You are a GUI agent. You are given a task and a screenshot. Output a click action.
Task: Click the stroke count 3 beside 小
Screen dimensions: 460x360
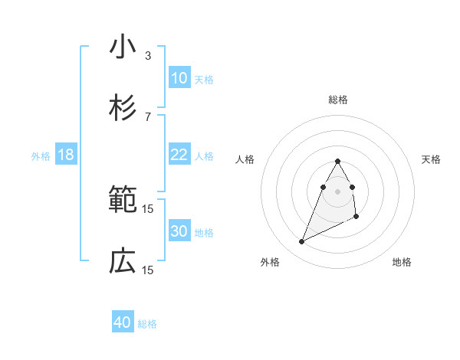pyautogui.click(x=148, y=55)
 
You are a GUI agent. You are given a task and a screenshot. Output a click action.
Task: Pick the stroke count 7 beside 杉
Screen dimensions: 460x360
pyautogui.click(x=148, y=116)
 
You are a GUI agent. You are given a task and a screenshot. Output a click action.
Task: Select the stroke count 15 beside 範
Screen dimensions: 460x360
pyautogui.click(x=148, y=208)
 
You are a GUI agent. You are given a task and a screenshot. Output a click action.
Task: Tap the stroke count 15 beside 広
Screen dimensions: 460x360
pyautogui.click(x=148, y=270)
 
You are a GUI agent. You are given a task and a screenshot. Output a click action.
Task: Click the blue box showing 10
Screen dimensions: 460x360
pyautogui.click(x=179, y=78)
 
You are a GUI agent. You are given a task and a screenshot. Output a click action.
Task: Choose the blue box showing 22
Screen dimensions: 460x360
pyautogui.click(x=179, y=155)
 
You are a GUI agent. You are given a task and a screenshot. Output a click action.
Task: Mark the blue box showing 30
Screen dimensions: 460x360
pyautogui.click(x=179, y=231)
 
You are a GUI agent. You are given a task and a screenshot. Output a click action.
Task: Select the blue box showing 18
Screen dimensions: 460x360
pyautogui.click(x=66, y=155)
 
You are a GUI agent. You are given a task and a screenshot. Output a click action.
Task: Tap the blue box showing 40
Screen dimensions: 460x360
pyautogui.click(x=123, y=322)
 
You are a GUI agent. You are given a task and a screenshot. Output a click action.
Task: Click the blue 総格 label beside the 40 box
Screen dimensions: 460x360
pyautogui.click(x=147, y=324)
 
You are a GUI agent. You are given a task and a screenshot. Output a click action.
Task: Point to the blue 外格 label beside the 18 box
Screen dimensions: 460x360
pyautogui.click(x=41, y=156)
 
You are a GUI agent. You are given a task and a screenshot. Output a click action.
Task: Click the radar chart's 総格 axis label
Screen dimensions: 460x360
pyautogui.click(x=338, y=100)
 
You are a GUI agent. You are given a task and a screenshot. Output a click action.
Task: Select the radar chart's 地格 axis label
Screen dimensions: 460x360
pyautogui.click(x=402, y=262)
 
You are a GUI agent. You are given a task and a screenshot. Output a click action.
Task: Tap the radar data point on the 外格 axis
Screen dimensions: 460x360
pyautogui.click(x=301, y=242)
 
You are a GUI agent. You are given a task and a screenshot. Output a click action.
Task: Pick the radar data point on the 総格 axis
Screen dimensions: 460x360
pyautogui.click(x=338, y=161)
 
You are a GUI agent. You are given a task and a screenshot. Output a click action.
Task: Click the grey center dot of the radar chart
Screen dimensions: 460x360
pyautogui.click(x=338, y=191)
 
